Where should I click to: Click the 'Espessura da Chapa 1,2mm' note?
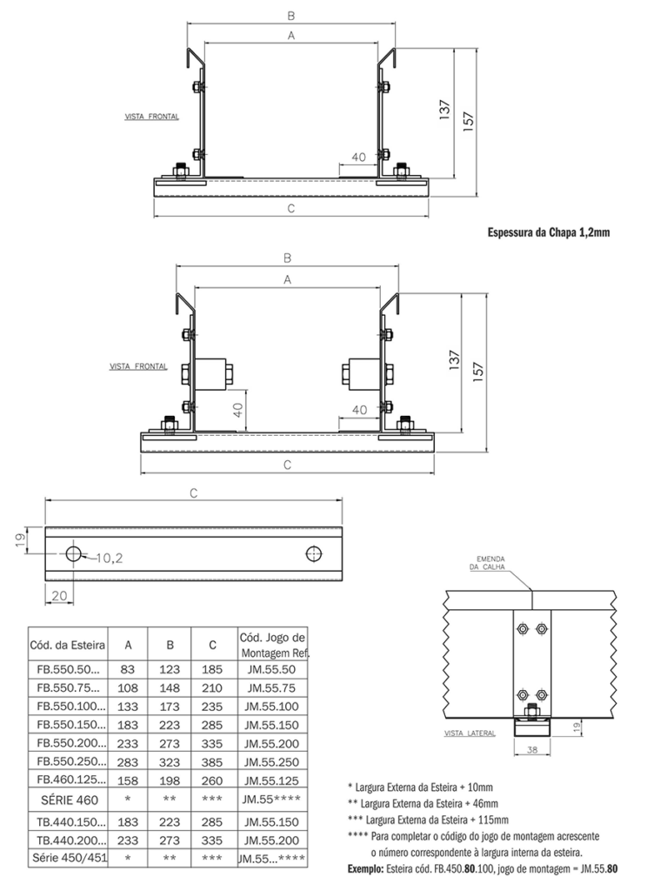549,232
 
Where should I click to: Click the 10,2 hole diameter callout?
109,558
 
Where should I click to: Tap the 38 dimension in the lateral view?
532,749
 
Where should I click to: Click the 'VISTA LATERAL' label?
470,734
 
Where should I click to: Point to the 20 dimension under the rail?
59,595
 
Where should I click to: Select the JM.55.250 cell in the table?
271,762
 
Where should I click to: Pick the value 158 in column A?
128,780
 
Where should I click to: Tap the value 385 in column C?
212,762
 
